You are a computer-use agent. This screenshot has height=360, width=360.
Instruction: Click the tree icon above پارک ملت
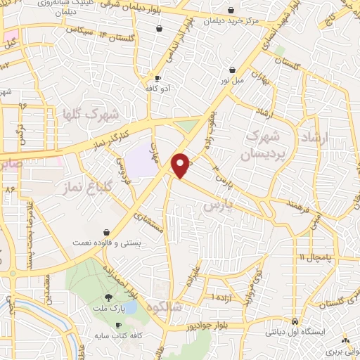coord(108,297)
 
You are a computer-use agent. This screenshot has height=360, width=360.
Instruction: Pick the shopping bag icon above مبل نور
coord(232,70)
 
